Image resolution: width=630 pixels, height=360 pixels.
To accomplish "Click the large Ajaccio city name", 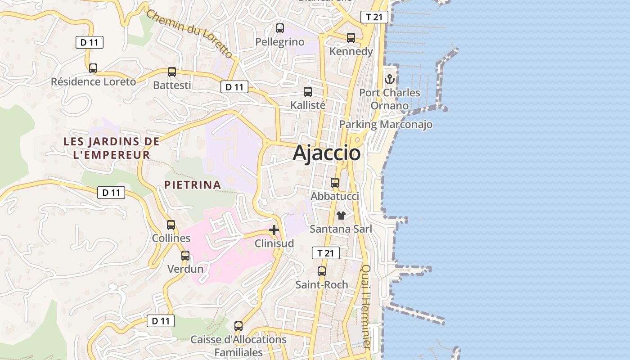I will tap(327, 153).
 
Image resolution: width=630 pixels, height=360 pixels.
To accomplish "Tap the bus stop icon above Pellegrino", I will tap(280, 29).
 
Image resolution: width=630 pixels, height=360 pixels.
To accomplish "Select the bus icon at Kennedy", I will tap(351, 38).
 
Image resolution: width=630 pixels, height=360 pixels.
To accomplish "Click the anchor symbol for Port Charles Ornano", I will tap(389, 80).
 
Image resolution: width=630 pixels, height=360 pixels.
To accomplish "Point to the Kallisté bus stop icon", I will tap(308, 92).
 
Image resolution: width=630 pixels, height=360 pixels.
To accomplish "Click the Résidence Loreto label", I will tap(93, 82).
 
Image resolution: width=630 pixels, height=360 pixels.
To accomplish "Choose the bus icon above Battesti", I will tap(172, 72).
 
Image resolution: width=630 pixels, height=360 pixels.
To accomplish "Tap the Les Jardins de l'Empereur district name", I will tap(112, 148).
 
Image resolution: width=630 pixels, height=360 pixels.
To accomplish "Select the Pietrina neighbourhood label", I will tap(193, 184).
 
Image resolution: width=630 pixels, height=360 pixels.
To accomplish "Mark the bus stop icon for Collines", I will tap(171, 225).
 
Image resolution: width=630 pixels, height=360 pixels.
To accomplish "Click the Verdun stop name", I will tap(185, 269).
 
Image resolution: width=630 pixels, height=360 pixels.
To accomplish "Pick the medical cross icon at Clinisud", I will tap(274, 230).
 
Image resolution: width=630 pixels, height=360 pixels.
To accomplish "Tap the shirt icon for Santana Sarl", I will tap(341, 216).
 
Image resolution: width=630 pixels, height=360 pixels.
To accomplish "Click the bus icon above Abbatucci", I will tap(335, 183).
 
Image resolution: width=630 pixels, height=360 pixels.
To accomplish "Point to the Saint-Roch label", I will tap(322, 284).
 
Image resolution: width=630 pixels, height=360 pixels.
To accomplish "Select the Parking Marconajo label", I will tap(386, 124).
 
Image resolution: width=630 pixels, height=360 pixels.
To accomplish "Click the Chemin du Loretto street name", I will tap(189, 34).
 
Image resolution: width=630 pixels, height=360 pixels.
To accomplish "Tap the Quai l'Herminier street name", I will tap(366, 307).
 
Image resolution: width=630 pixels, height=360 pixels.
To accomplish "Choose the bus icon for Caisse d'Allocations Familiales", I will tap(238, 326).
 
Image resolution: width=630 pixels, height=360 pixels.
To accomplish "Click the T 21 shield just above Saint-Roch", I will tap(326, 253).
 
